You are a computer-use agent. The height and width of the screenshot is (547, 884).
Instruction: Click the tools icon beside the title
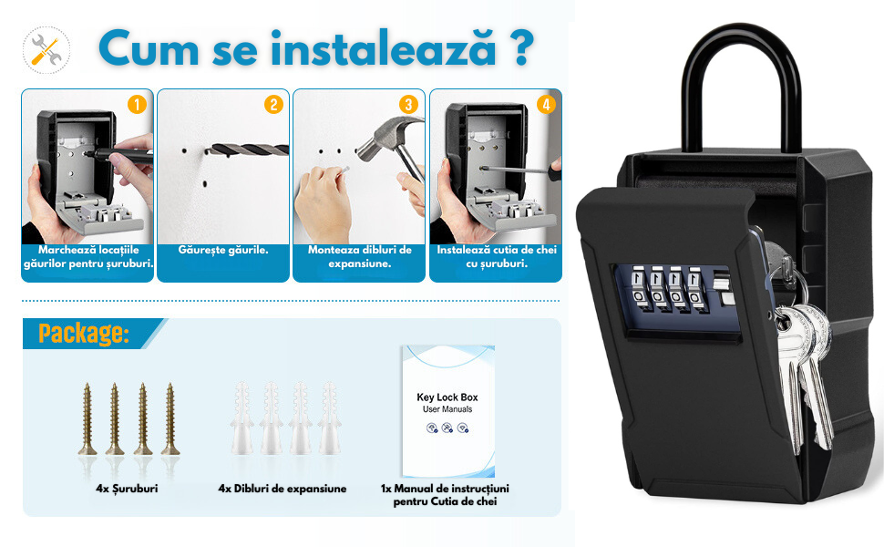click(46, 49)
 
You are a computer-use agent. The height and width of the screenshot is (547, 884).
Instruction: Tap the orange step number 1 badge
click(137, 104)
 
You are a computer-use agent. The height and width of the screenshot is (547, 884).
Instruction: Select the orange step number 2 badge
click(273, 104)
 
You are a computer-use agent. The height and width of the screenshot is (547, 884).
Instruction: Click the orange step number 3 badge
click(409, 104)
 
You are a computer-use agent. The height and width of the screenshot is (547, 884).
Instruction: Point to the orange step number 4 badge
click(546, 104)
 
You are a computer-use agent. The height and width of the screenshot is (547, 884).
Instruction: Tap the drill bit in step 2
click(248, 150)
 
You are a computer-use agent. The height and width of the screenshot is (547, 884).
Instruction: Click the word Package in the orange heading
click(84, 334)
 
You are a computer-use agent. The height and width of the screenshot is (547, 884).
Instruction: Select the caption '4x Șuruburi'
click(127, 489)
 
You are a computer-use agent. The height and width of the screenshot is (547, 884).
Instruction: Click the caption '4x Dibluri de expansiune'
click(283, 489)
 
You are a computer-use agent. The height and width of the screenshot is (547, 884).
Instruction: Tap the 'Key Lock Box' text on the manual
click(447, 397)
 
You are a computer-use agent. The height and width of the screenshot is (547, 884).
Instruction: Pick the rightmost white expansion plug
click(329, 418)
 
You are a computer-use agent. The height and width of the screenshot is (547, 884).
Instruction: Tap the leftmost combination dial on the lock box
click(638, 289)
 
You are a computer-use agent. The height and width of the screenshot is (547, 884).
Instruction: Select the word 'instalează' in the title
click(384, 49)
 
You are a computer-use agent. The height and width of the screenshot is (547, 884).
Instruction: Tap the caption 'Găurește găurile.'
click(223, 250)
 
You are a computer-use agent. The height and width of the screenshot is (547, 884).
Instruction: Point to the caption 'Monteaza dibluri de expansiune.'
click(360, 256)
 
